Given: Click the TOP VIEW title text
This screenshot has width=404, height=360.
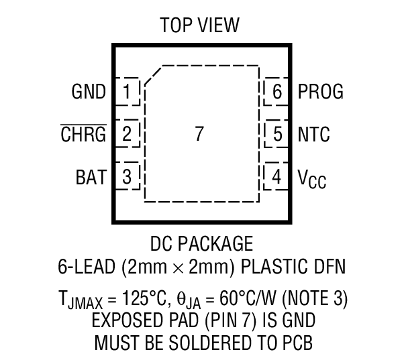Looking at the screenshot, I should (199, 25).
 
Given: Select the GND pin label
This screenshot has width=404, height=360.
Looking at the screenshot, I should (89, 92).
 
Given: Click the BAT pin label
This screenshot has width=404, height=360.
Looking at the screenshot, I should (91, 178).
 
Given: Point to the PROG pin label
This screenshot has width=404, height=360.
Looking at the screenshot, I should (320, 92).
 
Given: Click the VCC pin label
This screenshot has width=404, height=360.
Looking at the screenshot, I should (312, 178).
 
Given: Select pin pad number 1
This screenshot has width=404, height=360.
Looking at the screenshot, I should (127, 92).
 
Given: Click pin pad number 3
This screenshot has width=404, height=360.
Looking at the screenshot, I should (127, 178).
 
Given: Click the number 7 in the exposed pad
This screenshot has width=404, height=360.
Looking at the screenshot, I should (199, 134).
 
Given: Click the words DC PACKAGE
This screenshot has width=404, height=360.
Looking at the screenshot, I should (201, 243).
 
